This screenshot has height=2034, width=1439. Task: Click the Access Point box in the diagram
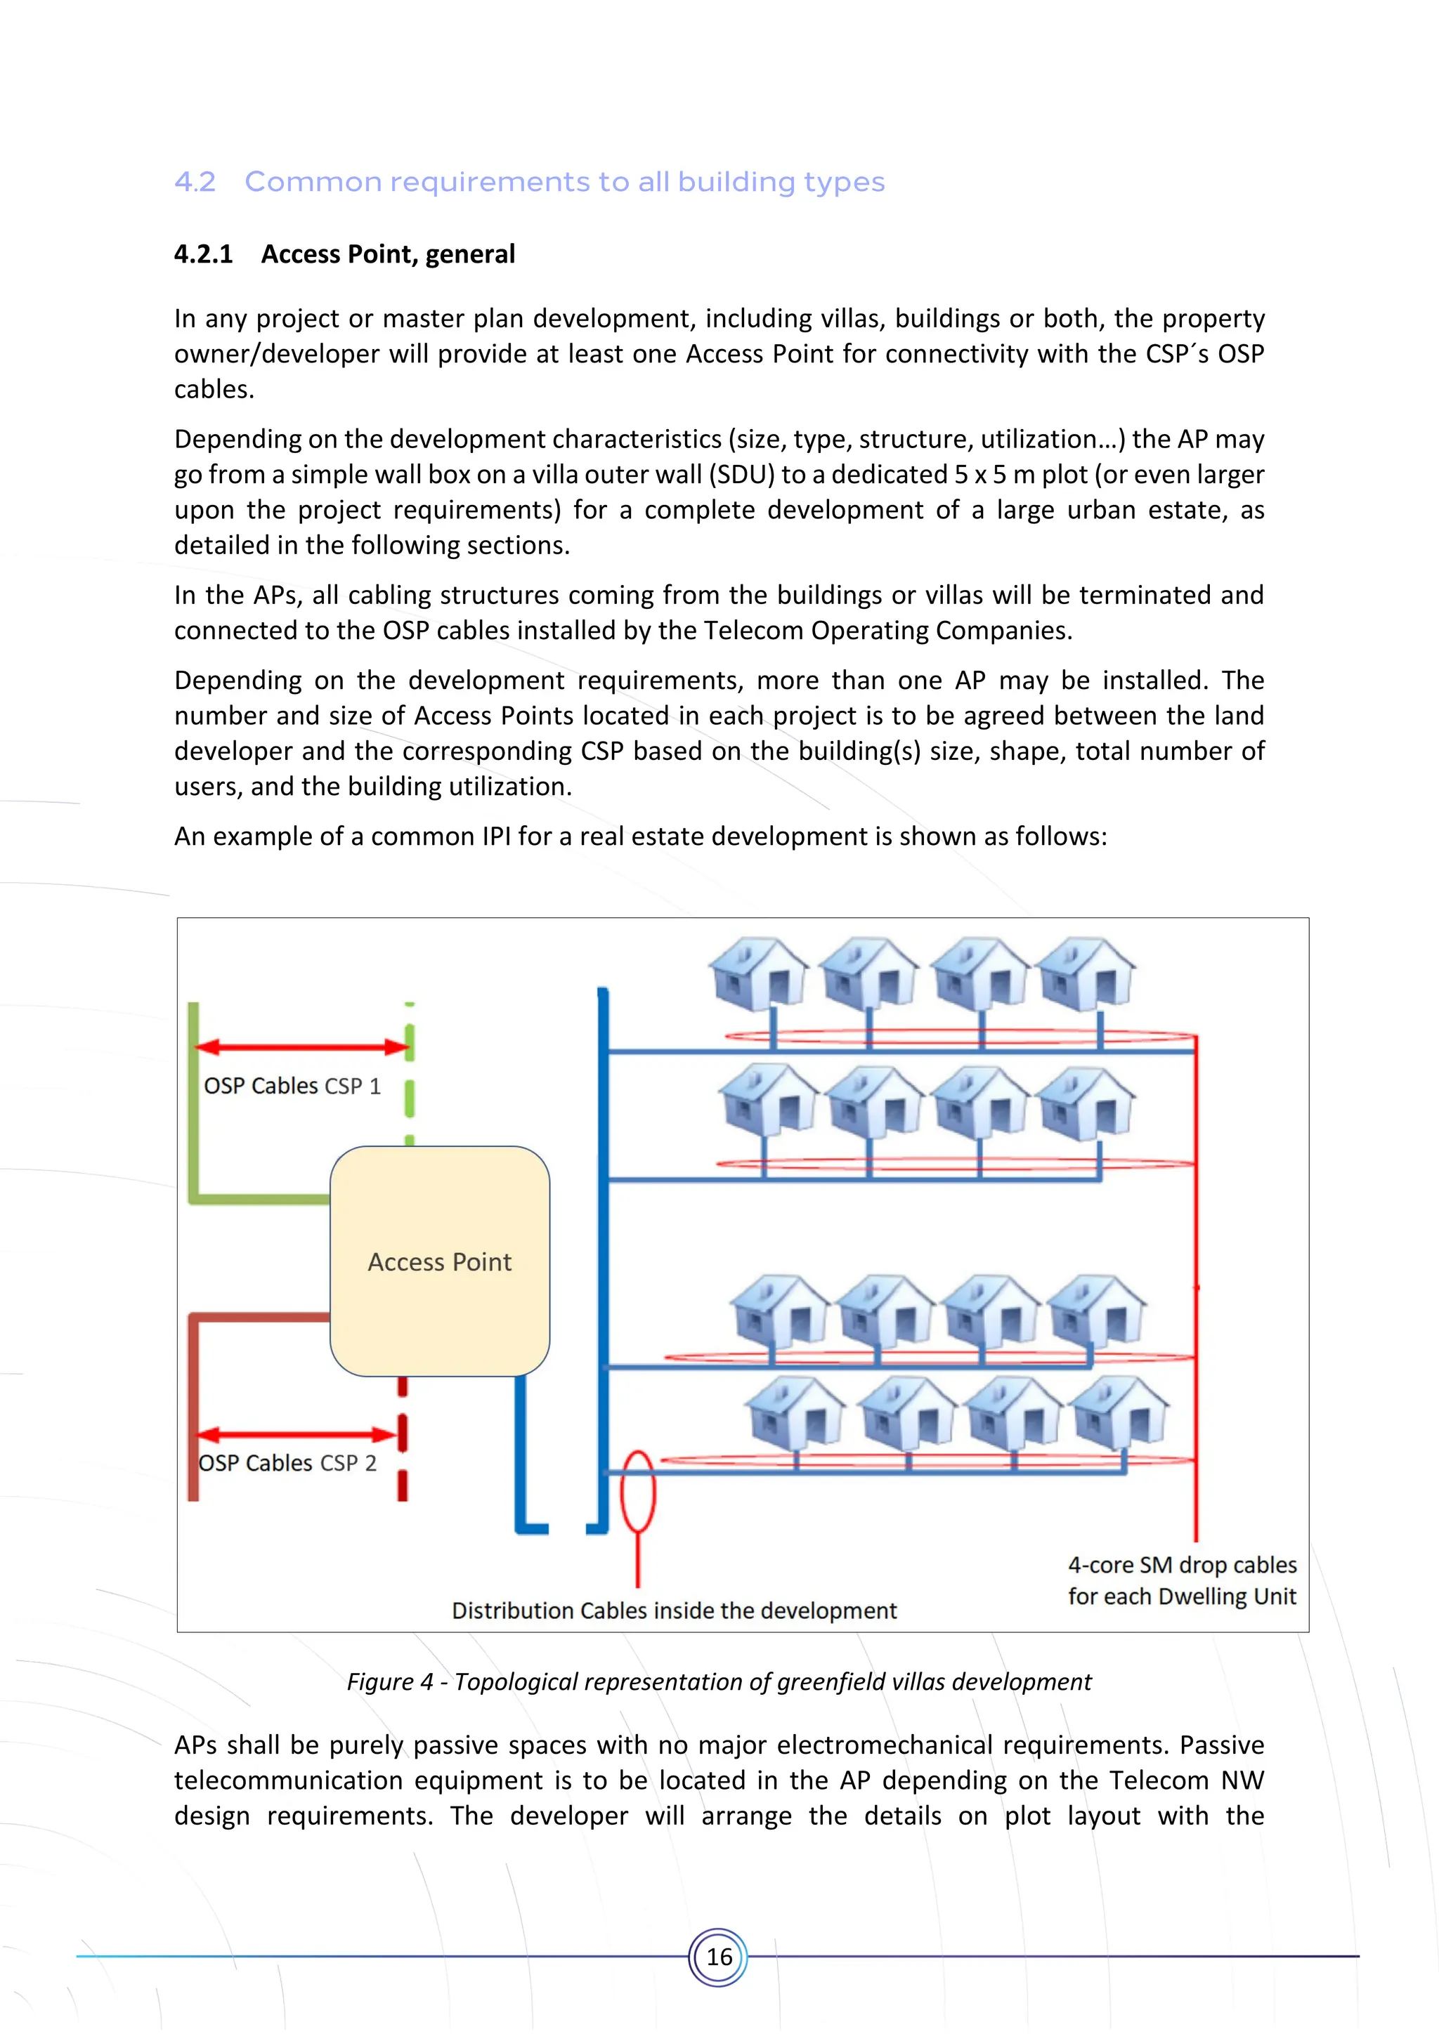pyautogui.click(x=439, y=1261)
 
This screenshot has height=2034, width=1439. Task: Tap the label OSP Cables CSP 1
pyautogui.click(x=292, y=1086)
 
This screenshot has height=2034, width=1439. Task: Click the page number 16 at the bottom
pyautogui.click(x=719, y=1956)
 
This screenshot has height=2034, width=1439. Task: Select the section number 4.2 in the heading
pyautogui.click(x=195, y=182)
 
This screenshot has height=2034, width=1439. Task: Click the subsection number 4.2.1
pyautogui.click(x=203, y=254)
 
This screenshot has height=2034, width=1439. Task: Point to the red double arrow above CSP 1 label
pyautogui.click(x=301, y=1047)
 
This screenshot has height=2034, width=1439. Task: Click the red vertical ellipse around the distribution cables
pyautogui.click(x=637, y=1492)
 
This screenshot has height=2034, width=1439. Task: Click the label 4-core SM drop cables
pyautogui.click(x=1181, y=1566)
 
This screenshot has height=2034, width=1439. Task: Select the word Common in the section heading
pyautogui.click(x=315, y=182)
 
